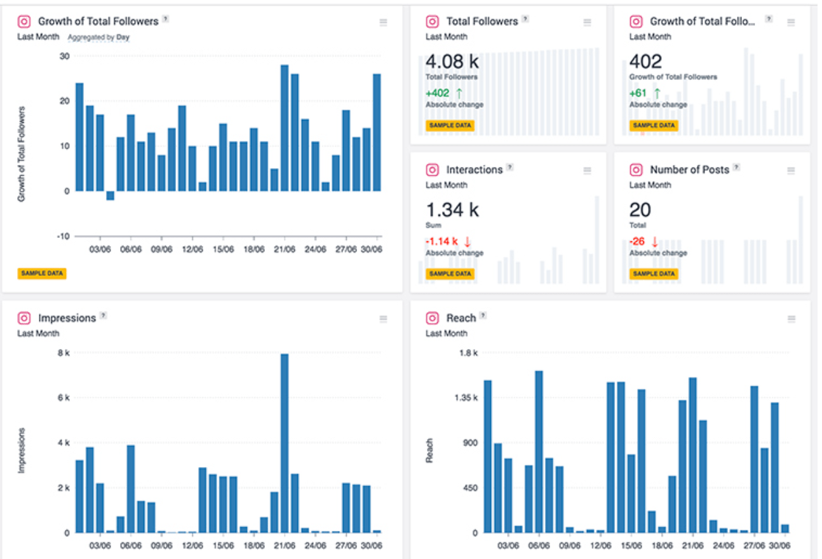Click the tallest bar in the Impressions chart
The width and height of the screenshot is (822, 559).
pos(285,444)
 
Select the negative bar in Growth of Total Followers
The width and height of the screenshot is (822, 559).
pos(110,195)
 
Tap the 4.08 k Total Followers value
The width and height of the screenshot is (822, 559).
pos(452,62)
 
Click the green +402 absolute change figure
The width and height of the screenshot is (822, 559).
pos(438,93)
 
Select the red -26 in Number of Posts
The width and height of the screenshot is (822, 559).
pos(638,241)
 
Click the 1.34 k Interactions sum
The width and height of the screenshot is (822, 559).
pos(452,210)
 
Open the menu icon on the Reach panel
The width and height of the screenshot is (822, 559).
pos(791,319)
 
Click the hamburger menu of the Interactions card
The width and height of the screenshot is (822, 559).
pos(587,171)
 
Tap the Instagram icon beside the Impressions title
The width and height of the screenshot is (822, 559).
pos(24,318)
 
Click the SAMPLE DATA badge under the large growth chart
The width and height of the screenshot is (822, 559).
pos(41,273)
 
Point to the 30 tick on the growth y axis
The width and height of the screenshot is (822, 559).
pos(64,56)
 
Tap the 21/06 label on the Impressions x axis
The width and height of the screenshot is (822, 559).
pos(285,545)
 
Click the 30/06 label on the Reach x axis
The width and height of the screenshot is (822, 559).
pos(779,545)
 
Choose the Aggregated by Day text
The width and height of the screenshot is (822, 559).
pos(98,37)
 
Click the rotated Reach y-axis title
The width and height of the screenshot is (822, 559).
pos(430,450)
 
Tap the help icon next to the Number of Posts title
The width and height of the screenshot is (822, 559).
pos(736,168)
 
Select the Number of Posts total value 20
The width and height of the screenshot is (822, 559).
pos(640,210)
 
